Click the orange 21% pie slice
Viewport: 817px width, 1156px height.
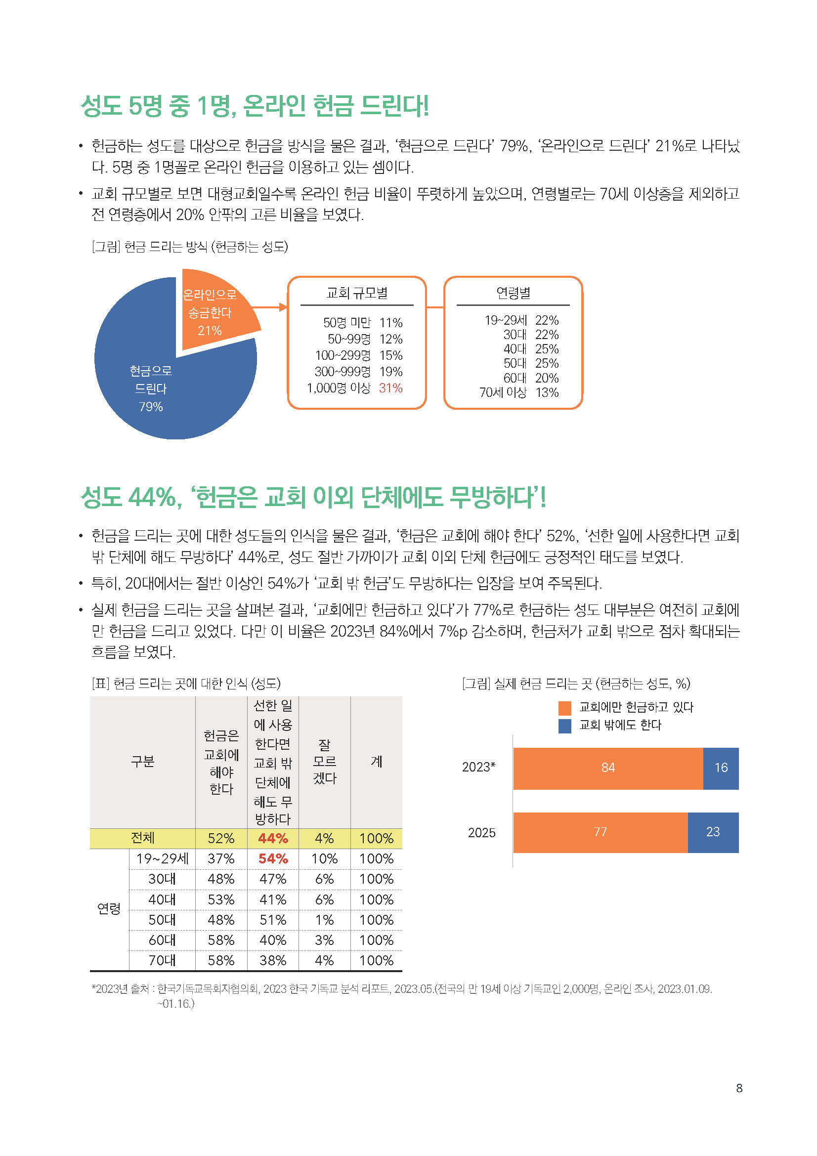[214, 312]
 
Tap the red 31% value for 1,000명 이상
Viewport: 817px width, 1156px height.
[390, 388]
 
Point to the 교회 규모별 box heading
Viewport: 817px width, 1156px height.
[357, 293]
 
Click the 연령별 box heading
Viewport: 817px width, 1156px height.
[513, 293]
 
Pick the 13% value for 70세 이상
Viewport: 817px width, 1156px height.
[547, 393]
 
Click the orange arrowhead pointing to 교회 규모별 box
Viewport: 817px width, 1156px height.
[283, 307]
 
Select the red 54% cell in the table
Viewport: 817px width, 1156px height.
[273, 859]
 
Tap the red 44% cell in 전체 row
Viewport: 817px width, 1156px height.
[273, 838]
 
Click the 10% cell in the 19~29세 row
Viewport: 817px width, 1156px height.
[324, 859]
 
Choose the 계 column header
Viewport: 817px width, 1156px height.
[376, 762]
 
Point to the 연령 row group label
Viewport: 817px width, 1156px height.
[109, 909]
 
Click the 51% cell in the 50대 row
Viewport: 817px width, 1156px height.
[273, 920]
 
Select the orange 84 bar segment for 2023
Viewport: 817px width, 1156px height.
[607, 768]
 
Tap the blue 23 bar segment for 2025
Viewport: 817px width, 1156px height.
[713, 832]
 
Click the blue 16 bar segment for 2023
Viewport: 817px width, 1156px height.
[721, 768]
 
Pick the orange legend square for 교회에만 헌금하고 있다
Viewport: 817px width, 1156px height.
[565, 708]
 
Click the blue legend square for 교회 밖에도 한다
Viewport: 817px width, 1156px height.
[565, 726]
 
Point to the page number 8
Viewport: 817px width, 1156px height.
[739, 1088]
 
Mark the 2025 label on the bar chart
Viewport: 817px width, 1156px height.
[481, 833]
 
